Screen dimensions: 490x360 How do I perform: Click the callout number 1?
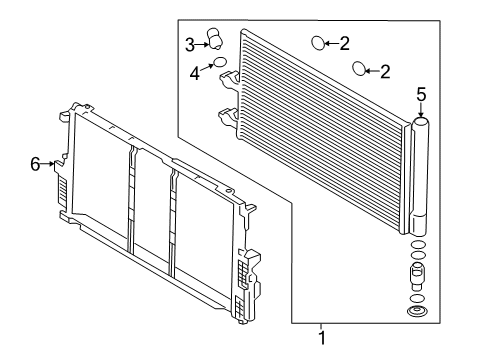pyautogui.click(x=322, y=338)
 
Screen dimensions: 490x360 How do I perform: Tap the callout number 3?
pyautogui.click(x=190, y=45)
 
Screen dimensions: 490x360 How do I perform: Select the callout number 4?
pyautogui.click(x=195, y=73)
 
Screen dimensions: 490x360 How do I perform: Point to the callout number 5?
pyautogui.click(x=421, y=94)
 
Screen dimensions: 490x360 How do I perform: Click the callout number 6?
pyautogui.click(x=35, y=164)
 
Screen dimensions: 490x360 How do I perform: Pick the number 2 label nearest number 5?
pyautogui.click(x=385, y=72)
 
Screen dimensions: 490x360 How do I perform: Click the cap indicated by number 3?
pyautogui.click(x=215, y=39)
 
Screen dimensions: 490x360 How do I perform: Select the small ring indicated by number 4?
pyautogui.click(x=220, y=62)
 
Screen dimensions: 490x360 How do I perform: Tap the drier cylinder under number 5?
pyautogui.click(x=420, y=176)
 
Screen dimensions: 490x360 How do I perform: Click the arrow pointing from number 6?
pyautogui.click(x=47, y=164)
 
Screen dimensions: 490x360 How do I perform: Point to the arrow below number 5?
pyautogui.click(x=421, y=110)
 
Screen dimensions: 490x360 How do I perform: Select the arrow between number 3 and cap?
pyautogui.click(x=202, y=44)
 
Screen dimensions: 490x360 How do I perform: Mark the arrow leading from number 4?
pyautogui.click(x=207, y=67)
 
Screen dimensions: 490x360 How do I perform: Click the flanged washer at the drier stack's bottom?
pyautogui.click(x=418, y=312)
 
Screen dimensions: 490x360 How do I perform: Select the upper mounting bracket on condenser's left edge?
pyautogui.click(x=229, y=80)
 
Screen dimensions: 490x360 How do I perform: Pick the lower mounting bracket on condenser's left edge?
pyautogui.click(x=229, y=118)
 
